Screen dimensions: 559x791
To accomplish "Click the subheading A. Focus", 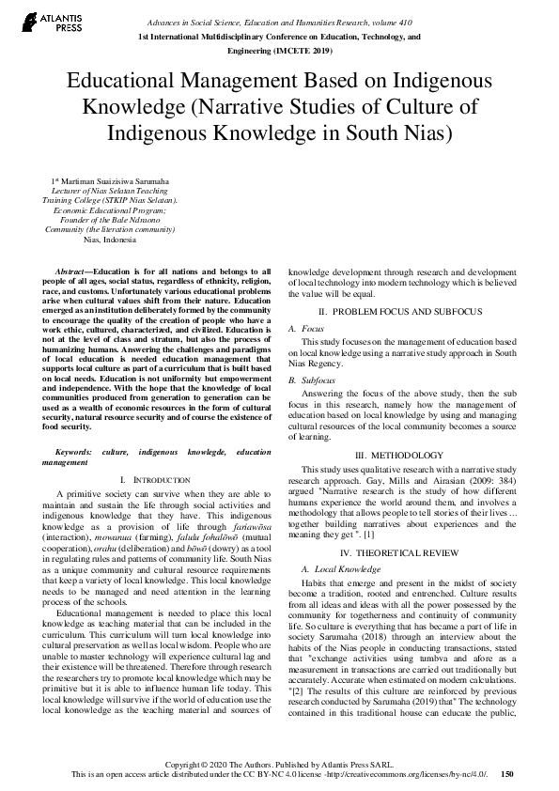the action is tap(312, 329).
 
